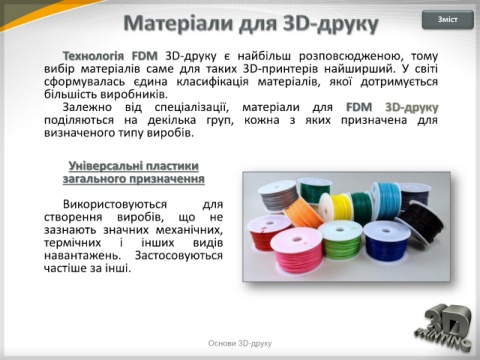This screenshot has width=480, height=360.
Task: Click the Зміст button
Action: click(448, 20)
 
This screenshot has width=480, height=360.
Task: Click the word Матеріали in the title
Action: click(179, 23)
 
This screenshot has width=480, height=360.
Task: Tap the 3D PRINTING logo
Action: click(444, 328)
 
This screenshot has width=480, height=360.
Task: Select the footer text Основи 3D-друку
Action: click(240, 343)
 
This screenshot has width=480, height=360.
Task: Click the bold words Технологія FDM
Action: click(110, 56)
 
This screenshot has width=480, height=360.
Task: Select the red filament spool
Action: click(265, 233)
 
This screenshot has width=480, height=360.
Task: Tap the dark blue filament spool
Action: click(387, 241)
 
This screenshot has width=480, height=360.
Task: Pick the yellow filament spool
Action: click(336, 208)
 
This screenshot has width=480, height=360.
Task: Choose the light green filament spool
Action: click(340, 242)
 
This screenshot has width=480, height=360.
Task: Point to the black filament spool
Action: click(422, 221)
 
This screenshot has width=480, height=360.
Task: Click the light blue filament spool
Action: click(386, 200)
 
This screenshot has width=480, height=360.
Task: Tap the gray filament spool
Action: click(278, 196)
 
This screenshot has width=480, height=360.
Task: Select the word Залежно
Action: click(87, 107)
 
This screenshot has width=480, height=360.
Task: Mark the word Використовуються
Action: click(115, 204)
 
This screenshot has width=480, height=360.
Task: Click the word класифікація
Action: click(212, 82)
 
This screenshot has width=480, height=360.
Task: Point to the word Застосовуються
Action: click(179, 256)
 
